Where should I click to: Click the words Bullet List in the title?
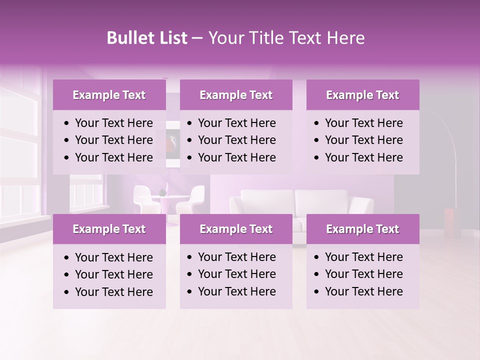click(146, 38)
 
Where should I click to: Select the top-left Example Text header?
click(109, 95)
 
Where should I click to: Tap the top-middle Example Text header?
click(236, 95)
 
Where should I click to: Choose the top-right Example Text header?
click(362, 95)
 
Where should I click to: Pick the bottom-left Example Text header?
click(109, 229)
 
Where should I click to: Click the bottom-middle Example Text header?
click(236, 229)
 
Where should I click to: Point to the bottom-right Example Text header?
click(362, 229)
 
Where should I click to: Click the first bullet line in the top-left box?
click(113, 123)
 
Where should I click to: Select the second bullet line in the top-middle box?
click(236, 140)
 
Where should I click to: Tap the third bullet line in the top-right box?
click(363, 157)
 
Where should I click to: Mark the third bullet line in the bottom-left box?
click(113, 292)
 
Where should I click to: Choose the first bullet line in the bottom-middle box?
click(236, 257)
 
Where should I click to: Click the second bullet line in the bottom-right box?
click(363, 274)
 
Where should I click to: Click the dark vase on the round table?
click(162, 192)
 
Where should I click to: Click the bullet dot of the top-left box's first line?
click(67, 123)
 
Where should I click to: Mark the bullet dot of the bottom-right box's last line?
click(317, 292)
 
